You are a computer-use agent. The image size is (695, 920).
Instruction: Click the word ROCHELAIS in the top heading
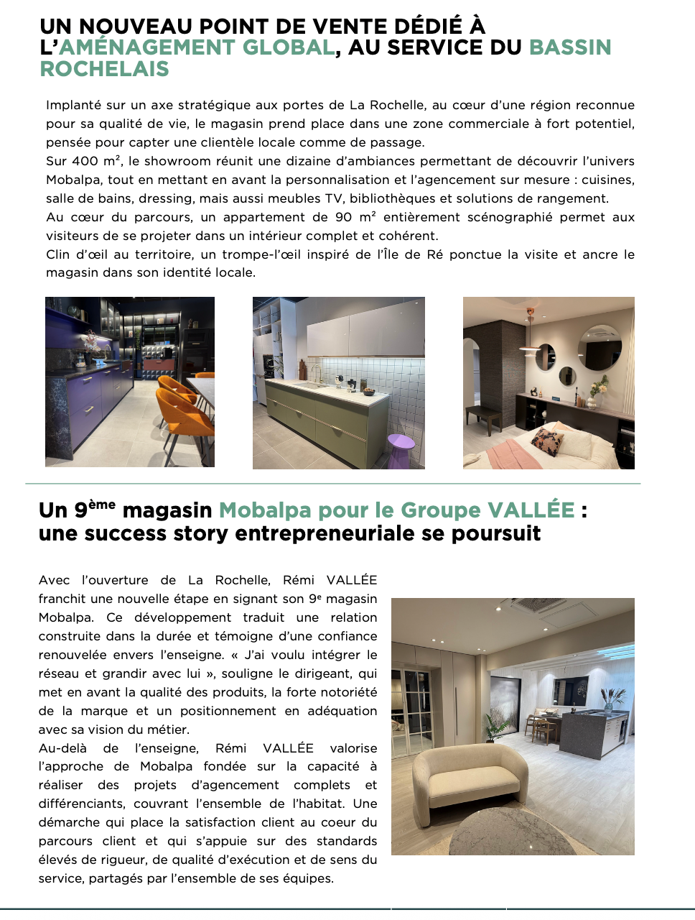point(104,69)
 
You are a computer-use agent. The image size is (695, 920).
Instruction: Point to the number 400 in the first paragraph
point(85,161)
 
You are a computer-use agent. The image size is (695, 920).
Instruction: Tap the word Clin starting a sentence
point(58,254)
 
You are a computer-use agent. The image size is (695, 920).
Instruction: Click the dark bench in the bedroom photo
point(486,416)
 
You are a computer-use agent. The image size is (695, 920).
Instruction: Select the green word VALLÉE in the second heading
point(531,510)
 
